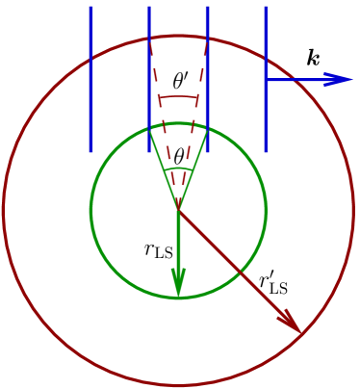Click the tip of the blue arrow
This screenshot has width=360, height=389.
pyautogui.click(x=352, y=79)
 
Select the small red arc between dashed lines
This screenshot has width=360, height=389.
pyautogui.click(x=178, y=96)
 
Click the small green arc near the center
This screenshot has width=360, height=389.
pyautogui.click(x=178, y=169)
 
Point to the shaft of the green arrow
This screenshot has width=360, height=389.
pyautogui.click(x=178, y=241)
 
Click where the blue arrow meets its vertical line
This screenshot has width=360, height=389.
pyautogui.click(x=266, y=80)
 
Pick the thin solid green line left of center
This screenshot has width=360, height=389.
pyautogui.click(x=164, y=178)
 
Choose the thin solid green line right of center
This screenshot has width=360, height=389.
pyautogui.click(x=193, y=178)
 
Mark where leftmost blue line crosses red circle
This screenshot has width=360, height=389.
pyautogui.click(x=90, y=64)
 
